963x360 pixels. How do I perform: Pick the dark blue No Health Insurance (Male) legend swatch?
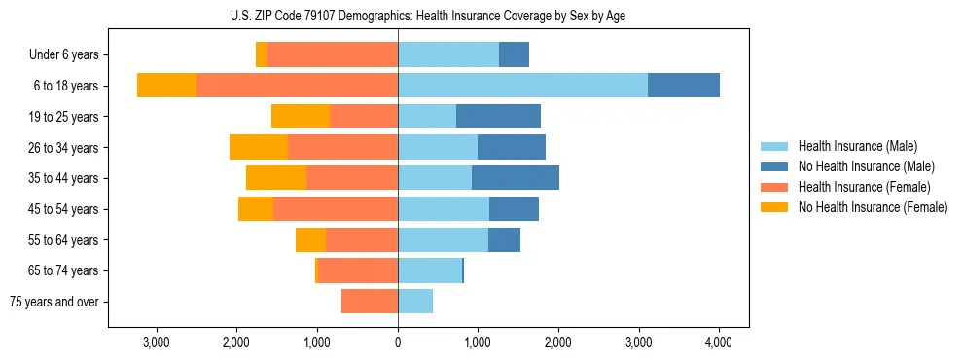774,166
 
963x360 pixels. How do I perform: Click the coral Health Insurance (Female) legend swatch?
774,187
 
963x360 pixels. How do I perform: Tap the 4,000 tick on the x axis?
718,342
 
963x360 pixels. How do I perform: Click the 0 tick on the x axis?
398,342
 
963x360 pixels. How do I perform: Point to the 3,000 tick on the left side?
157,342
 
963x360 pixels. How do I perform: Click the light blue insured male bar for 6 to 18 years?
522,86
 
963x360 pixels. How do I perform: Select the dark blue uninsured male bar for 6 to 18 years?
684,86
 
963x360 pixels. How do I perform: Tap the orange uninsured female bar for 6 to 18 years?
166,86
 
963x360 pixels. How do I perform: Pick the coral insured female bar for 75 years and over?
370,302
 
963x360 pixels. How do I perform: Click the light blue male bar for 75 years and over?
415,302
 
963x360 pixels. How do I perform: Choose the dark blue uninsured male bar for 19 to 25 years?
498,117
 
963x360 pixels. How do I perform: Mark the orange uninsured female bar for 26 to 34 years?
259,147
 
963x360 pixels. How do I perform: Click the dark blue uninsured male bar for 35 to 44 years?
516,178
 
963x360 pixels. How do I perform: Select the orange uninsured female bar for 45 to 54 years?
256,209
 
